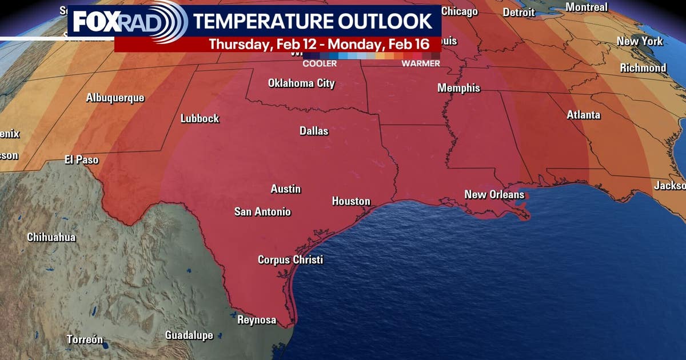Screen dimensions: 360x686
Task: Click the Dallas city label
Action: tap(314, 131)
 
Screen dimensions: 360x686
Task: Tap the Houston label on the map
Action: tap(351, 201)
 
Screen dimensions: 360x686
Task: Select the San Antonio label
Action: tap(262, 212)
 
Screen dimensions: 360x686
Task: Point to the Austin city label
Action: tap(286, 189)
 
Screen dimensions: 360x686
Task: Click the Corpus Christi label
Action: tap(290, 259)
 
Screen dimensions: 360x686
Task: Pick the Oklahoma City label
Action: tap(301, 83)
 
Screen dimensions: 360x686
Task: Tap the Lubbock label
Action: tap(200, 119)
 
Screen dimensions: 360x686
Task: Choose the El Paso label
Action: tap(81, 160)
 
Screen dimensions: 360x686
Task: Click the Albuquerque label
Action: tap(115, 98)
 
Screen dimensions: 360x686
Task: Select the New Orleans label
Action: tap(494, 195)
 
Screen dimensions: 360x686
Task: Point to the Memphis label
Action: tap(458, 89)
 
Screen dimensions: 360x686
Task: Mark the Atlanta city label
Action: tap(583, 115)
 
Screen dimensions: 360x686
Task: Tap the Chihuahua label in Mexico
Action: tap(51, 237)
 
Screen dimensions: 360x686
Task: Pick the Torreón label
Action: tap(85, 339)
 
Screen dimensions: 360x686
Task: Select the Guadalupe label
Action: tap(189, 335)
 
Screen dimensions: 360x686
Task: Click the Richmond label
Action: tap(643, 68)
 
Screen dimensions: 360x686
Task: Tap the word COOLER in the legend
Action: tap(320, 63)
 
